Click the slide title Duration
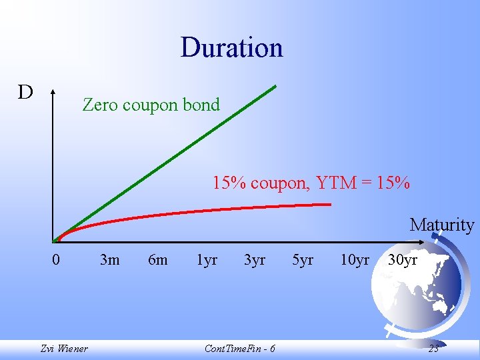pos(231,47)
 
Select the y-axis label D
pos(25,92)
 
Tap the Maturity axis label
pos(441,225)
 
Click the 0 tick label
pos(57,259)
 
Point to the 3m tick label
pos(109,259)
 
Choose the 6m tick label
pos(157,259)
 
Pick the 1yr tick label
pos(207,259)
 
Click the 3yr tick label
pos(255,259)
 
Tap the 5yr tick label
pos(303,259)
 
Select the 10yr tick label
pos(354,259)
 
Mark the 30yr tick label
pos(403,259)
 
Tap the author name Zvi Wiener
pos(64,348)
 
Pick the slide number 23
pos(433,348)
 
